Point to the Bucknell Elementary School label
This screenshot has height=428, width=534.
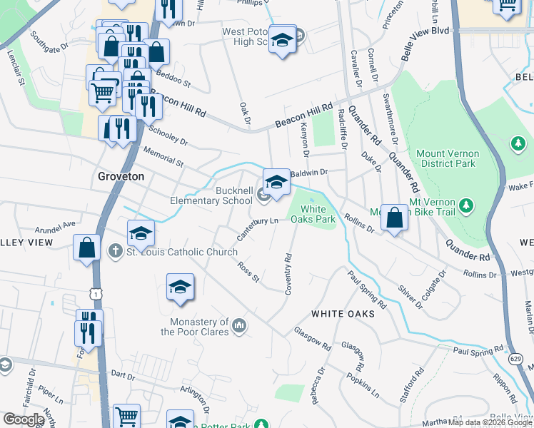coord(226,195)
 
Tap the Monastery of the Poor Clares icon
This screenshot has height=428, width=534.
coord(240,326)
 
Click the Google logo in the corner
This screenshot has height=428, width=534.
coord(24,419)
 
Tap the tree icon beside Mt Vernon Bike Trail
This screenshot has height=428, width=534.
coord(466,206)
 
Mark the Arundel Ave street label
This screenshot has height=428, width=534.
coord(56,227)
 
